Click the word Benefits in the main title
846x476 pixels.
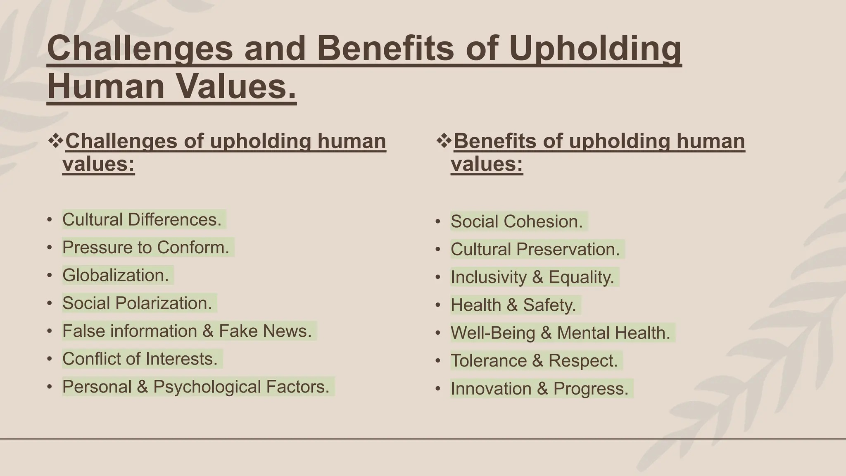click(386, 48)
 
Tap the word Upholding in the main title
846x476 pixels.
click(595, 48)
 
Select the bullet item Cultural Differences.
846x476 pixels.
click(142, 219)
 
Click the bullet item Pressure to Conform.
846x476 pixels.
click(145, 248)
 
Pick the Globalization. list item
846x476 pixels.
click(115, 275)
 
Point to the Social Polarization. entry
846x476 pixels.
click(137, 303)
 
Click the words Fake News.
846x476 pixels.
click(265, 331)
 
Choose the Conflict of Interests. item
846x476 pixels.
click(140, 359)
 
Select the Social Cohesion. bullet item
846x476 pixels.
click(516, 221)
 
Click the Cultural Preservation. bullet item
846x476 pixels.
click(535, 249)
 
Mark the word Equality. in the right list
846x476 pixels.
click(581, 277)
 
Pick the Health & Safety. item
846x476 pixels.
click(513, 305)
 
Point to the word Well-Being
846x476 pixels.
click(492, 333)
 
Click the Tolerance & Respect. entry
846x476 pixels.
click(534, 361)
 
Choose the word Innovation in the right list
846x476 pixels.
click(491, 389)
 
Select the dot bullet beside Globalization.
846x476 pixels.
click(50, 275)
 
